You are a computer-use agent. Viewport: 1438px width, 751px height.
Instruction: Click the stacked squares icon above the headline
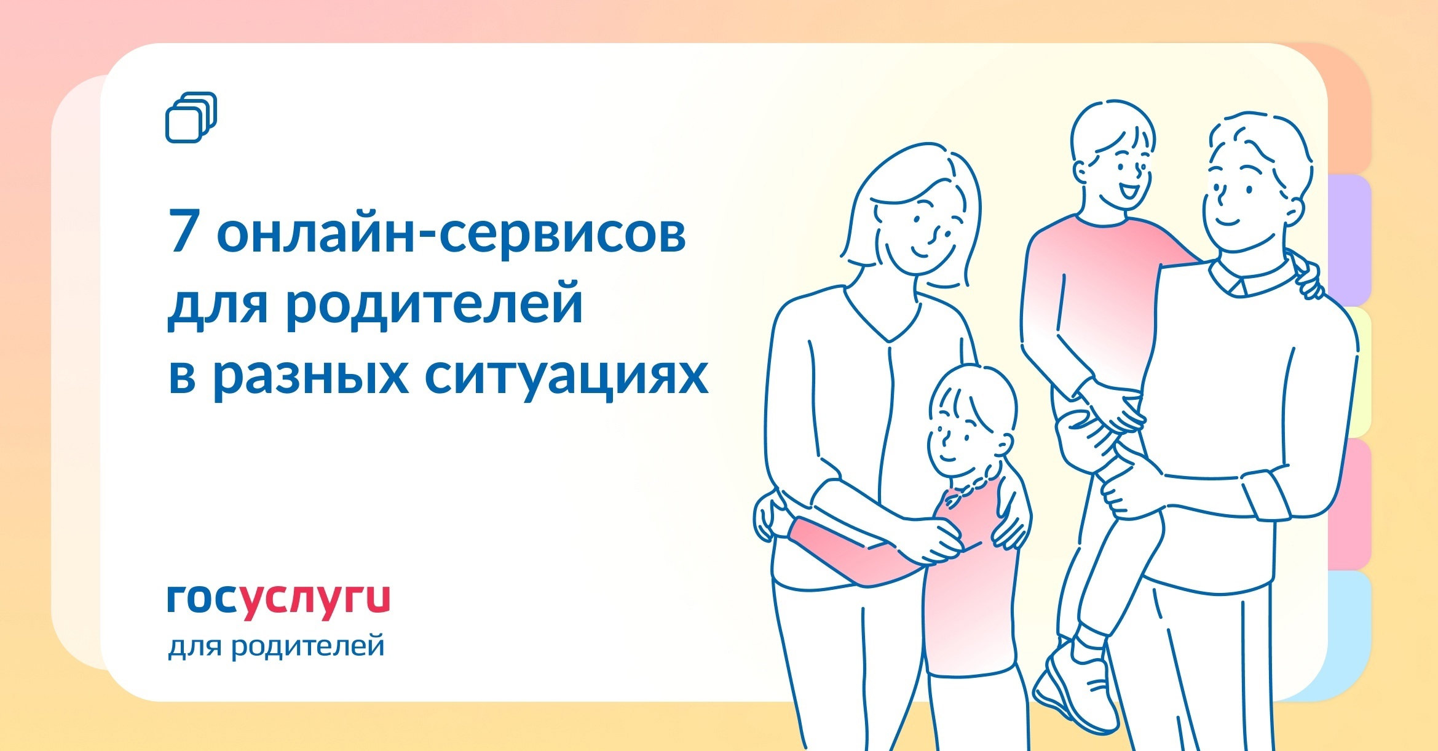(191, 117)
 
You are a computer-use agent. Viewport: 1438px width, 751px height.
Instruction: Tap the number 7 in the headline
(183, 232)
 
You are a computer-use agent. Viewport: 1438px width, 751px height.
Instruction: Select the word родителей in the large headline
(434, 303)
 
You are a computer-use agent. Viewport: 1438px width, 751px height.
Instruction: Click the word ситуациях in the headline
(566, 376)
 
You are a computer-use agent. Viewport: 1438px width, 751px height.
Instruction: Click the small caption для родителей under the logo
(277, 646)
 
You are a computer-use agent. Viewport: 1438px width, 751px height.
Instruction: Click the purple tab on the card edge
(1349, 240)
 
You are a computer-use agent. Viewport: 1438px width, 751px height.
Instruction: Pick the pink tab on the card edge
(1349, 504)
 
